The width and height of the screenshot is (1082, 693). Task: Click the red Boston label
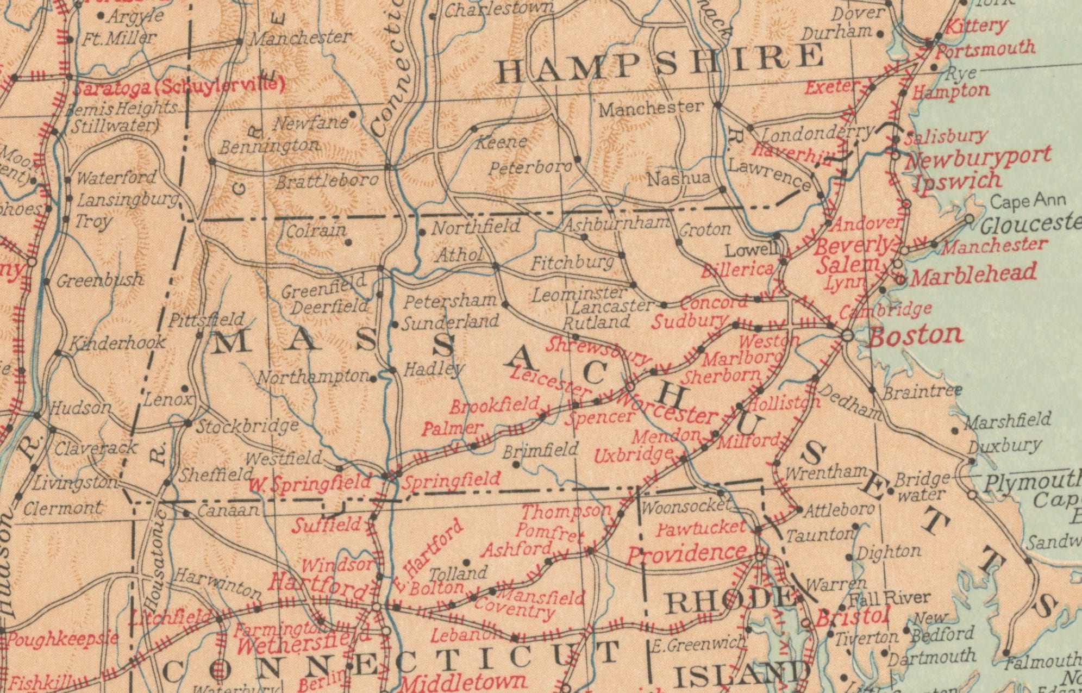[916, 335]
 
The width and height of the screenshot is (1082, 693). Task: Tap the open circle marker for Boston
[847, 335]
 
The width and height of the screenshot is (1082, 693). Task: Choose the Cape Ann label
[1027, 202]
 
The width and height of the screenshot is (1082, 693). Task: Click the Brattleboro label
[327, 180]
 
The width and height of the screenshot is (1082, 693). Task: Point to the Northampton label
[313, 376]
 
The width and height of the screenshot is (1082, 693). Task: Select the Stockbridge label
[247, 426]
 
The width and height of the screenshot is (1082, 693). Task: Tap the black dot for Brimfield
[516, 465]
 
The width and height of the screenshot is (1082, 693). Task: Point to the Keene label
[501, 142]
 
